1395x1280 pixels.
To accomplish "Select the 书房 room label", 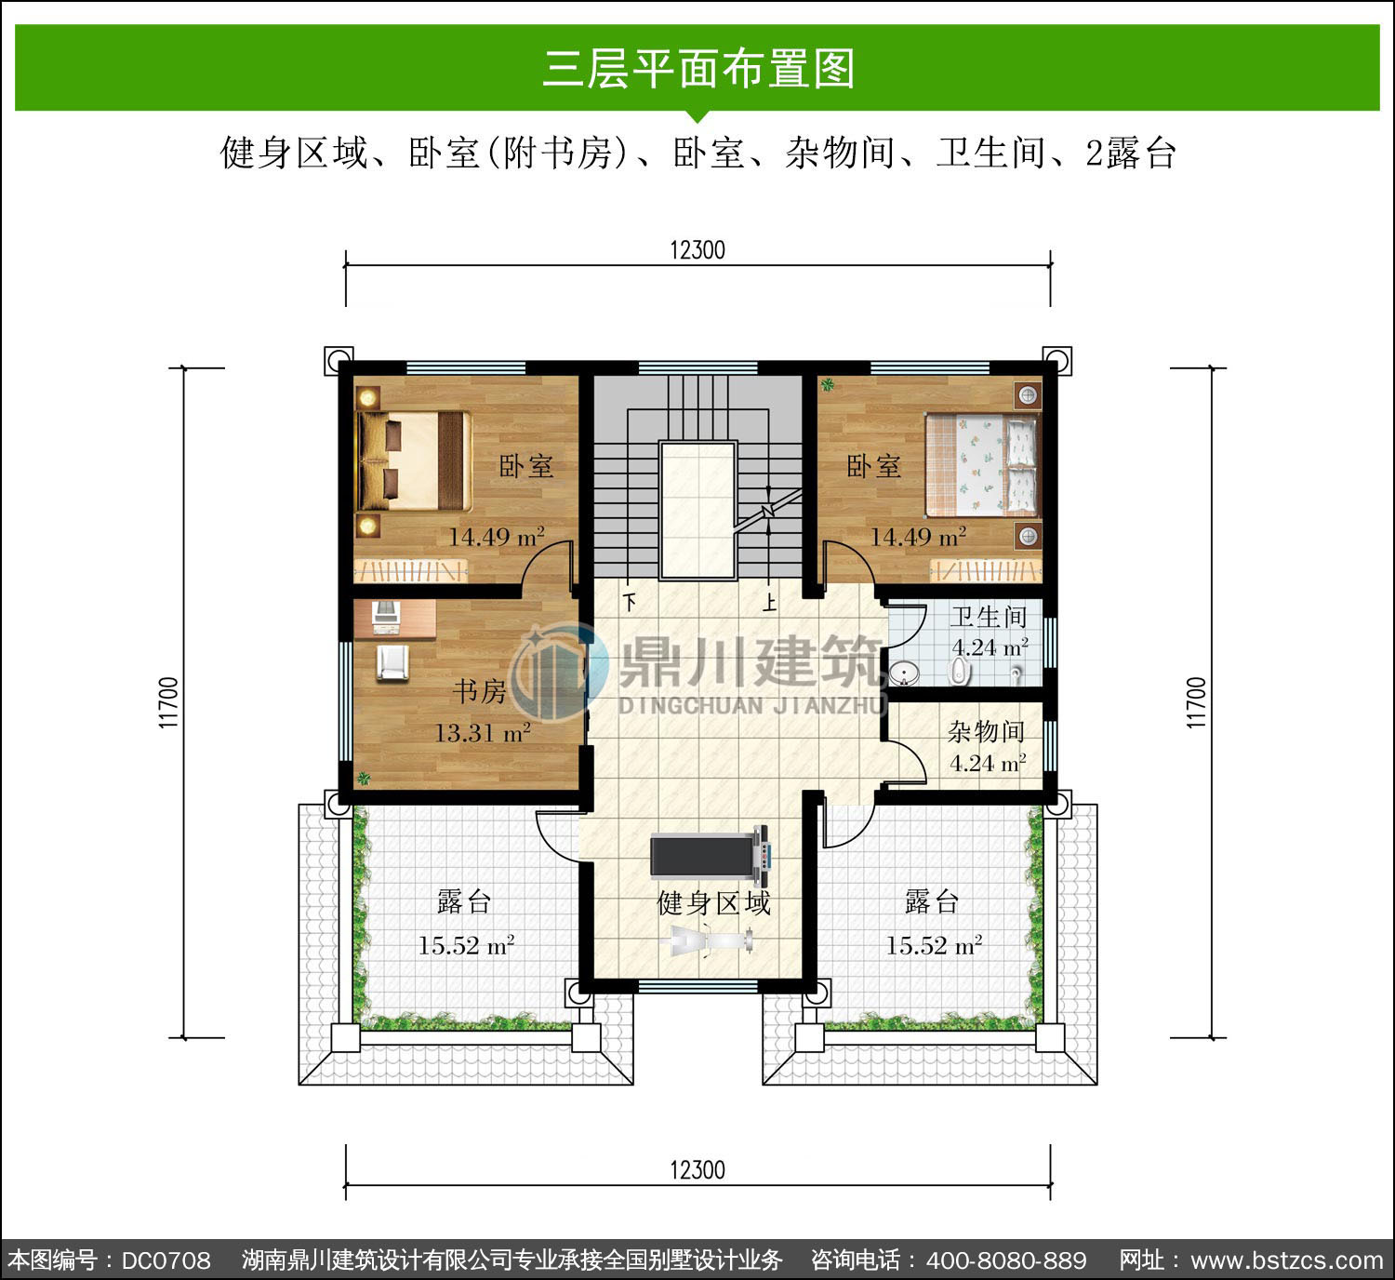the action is tap(479, 691).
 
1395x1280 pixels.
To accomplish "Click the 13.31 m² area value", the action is tap(483, 732).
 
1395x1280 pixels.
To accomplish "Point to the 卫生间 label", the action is tap(989, 617).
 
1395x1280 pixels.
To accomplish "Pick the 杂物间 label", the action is tap(986, 731).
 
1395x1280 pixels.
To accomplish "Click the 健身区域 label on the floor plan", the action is tap(713, 903).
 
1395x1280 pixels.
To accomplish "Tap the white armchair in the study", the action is tap(392, 663).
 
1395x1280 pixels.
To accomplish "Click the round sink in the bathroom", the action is tap(904, 673).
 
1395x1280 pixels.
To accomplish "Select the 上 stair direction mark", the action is tap(769, 603).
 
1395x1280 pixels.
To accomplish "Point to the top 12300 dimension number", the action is tap(697, 249).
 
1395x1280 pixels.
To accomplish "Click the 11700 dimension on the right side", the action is tap(1196, 702).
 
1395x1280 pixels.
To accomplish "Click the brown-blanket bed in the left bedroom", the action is tap(413, 460).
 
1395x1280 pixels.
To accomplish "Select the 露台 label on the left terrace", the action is tap(464, 901).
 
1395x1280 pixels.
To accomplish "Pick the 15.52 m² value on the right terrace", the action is tap(934, 945).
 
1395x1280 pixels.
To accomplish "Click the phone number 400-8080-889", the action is tap(1006, 1260).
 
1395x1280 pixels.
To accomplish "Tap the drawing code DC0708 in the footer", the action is tap(166, 1260).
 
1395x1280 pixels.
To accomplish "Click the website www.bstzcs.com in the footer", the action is tap(1286, 1260).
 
